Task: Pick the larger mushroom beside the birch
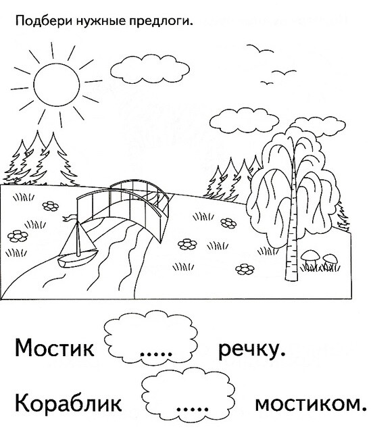[x=310, y=256]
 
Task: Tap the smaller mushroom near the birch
[x=330, y=259]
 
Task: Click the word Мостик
[x=55, y=348]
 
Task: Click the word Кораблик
[x=68, y=403]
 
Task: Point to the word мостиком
[x=311, y=404]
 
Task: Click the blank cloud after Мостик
[x=151, y=337]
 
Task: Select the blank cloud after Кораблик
[x=188, y=393]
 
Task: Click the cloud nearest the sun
[x=150, y=69]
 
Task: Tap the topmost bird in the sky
[x=259, y=49]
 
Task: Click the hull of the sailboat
[x=77, y=260]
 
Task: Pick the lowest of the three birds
[x=267, y=82]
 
